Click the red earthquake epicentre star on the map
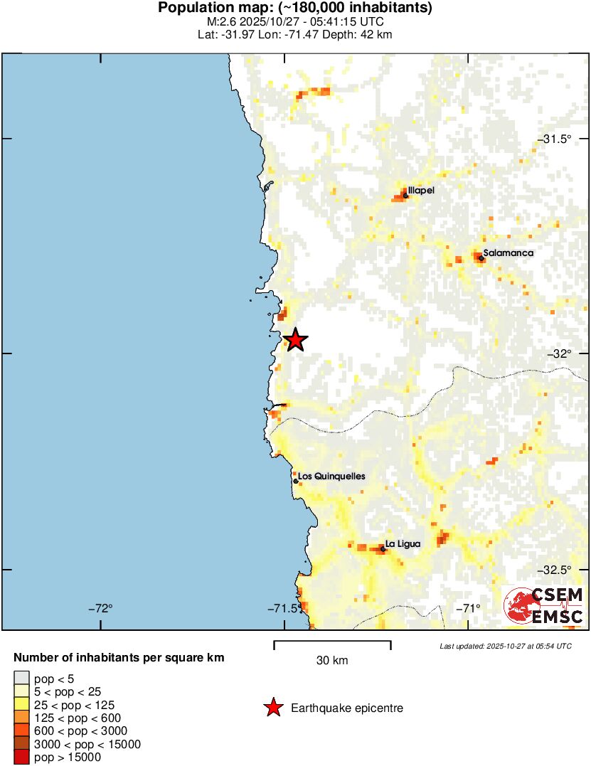[295, 341]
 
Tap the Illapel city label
[421, 191]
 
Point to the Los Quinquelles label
[331, 476]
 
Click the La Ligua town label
[403, 544]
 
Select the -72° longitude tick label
[101, 608]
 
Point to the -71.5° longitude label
[282, 608]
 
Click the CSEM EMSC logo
[544, 606]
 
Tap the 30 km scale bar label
[332, 661]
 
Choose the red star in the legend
[272, 708]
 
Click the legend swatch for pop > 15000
[21, 757]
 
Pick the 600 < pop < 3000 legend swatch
[21, 731]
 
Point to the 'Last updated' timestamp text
[505, 646]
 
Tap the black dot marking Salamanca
[481, 258]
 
